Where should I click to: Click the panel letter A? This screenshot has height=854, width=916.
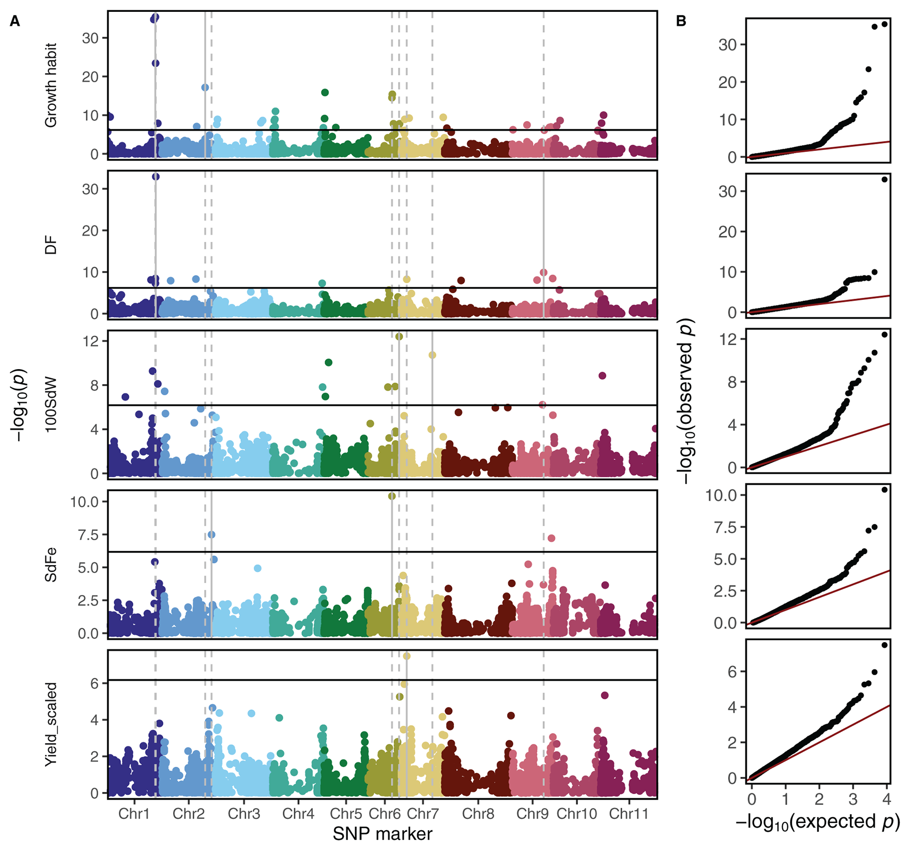[x=15, y=22]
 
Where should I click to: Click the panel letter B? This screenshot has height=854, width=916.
[x=681, y=21]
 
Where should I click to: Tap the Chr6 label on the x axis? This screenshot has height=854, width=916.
[x=385, y=814]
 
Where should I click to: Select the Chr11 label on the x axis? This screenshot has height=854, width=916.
[x=628, y=814]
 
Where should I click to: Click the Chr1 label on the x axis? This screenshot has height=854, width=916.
[x=134, y=814]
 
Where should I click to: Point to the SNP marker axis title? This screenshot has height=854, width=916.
[x=382, y=834]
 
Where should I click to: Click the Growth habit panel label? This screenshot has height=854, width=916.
[x=51, y=85]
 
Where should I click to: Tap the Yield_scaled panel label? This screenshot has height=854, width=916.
[x=51, y=724]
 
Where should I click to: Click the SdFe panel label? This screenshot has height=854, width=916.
[x=51, y=565]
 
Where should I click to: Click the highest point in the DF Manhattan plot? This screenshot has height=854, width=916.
[x=156, y=176]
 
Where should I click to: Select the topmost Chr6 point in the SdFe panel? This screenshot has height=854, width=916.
[x=392, y=496]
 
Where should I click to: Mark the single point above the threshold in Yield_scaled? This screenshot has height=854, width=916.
[x=406, y=656]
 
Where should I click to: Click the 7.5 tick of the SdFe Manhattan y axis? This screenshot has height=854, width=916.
[x=85, y=535]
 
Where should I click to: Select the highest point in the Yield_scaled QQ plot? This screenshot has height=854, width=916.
[x=884, y=645]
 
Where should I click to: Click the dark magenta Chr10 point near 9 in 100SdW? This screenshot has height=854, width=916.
[x=602, y=376]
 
